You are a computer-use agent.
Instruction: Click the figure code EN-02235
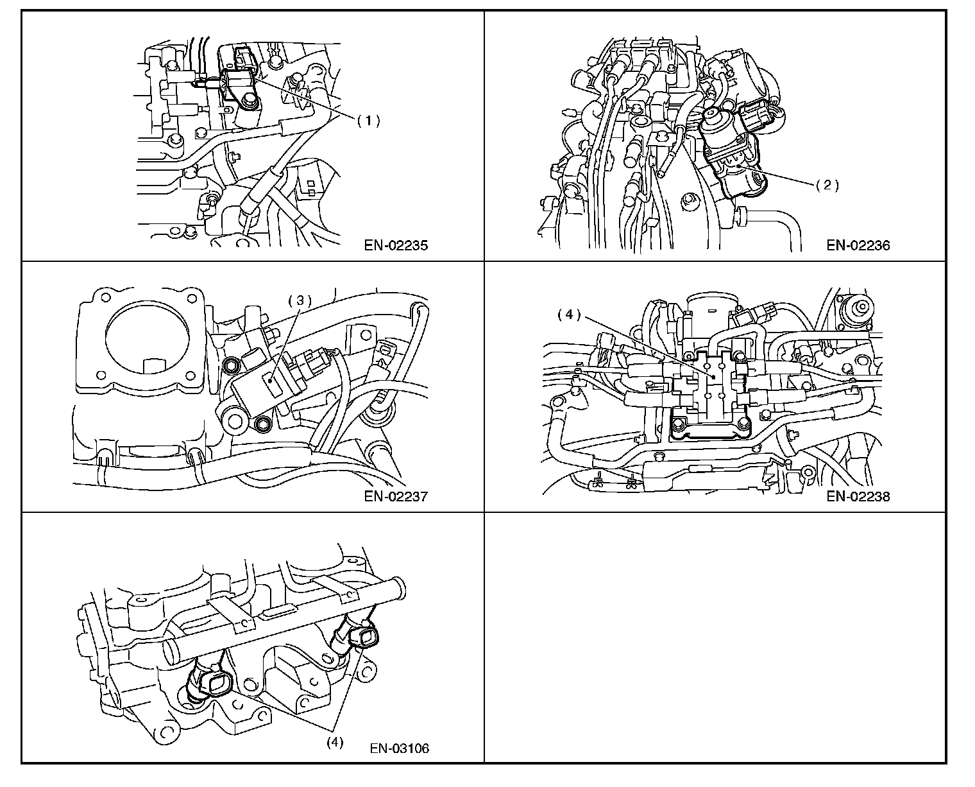396,245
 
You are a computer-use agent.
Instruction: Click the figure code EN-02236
858,245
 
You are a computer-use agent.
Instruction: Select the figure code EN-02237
396,496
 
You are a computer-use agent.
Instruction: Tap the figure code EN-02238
858,496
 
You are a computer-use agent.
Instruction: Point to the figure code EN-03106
400,748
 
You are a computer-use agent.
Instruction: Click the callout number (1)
369,120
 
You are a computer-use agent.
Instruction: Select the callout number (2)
827,185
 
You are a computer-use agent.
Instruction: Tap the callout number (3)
299,300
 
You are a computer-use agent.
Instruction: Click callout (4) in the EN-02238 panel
568,315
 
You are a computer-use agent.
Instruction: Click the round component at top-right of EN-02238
857,311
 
